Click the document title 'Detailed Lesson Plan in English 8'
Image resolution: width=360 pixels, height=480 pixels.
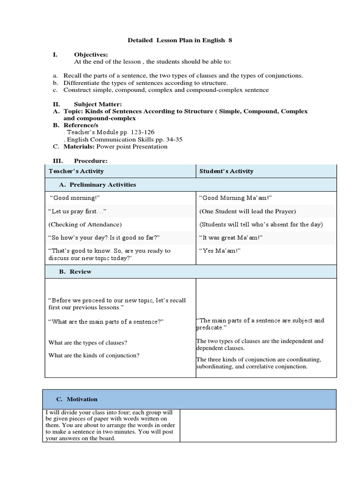coord(180,41)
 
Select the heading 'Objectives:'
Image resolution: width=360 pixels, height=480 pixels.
coord(91,55)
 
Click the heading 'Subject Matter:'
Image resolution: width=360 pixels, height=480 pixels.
coord(98,104)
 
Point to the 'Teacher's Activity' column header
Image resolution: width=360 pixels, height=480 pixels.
coord(76,171)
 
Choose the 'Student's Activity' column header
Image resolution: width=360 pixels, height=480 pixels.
coord(226,171)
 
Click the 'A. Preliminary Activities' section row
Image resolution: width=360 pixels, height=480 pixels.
coord(97,185)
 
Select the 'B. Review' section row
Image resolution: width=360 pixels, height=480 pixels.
coord(81,272)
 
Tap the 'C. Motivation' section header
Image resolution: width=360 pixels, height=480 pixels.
coord(77,399)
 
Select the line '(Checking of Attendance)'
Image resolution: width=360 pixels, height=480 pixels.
coord(85,225)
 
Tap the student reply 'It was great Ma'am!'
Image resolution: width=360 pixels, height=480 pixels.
coord(231,238)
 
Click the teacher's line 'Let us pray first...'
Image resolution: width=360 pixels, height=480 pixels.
coord(77,211)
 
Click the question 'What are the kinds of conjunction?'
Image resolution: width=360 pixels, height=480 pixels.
coord(94,355)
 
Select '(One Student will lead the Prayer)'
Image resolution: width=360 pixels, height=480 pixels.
coord(247,211)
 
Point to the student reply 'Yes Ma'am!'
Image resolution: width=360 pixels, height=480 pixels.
coord(220,251)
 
